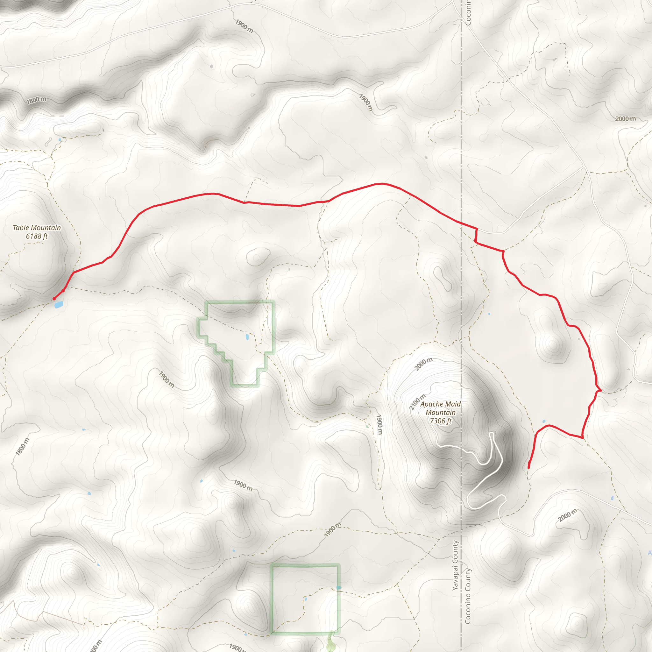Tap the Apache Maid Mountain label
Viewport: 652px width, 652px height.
[440, 408]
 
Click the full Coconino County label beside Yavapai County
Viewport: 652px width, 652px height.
[468, 596]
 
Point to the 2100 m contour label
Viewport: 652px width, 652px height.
[417, 402]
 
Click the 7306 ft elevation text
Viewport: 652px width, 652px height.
[440, 421]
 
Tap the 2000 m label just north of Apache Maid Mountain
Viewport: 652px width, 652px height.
[423, 364]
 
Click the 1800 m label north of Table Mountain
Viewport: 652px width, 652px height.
[36, 100]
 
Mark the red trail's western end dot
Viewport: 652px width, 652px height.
[54, 299]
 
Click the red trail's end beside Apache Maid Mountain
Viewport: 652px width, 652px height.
[528, 468]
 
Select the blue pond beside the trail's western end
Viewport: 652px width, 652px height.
[59, 305]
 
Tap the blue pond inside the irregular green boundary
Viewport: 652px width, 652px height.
[247, 337]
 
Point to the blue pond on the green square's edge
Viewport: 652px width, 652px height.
[339, 588]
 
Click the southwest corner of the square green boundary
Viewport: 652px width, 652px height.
[272, 633]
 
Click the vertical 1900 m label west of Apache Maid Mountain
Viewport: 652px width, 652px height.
[379, 425]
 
